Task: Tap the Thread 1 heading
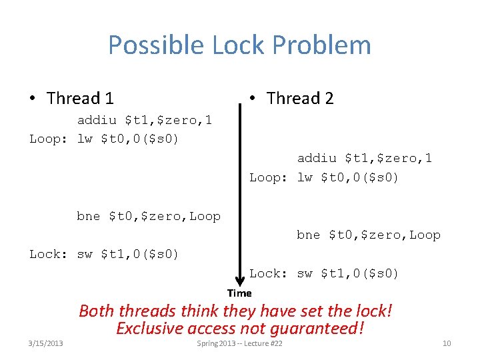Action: tap(80, 99)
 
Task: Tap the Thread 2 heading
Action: tap(299, 99)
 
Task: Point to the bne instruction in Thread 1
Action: tap(149, 216)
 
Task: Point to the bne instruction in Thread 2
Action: tap(369, 235)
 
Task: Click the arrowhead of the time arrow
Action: tap(239, 281)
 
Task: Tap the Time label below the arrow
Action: tap(239, 293)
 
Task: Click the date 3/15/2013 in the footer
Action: tap(46, 343)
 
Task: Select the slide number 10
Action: tap(447, 343)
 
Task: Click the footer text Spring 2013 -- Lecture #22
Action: tap(240, 343)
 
